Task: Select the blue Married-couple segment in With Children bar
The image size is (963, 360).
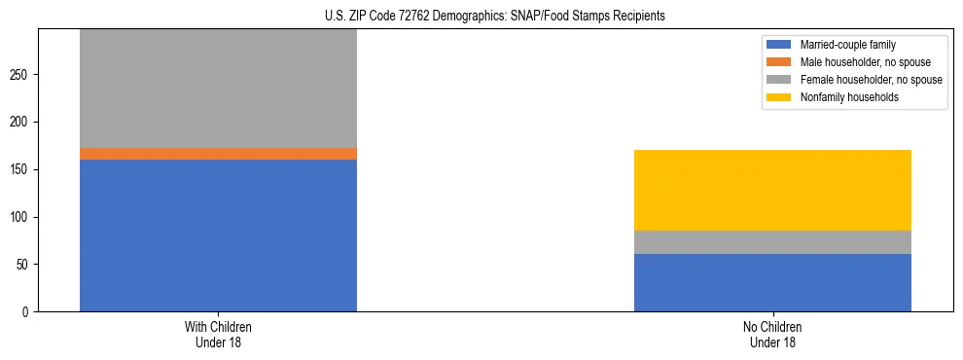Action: click(218, 235)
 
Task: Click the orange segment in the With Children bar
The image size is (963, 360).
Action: click(218, 154)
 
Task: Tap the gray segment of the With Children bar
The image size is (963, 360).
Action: click(218, 89)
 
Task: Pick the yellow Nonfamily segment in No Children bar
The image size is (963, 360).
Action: click(772, 190)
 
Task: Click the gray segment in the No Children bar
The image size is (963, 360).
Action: click(772, 242)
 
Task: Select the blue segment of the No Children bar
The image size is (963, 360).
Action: click(772, 282)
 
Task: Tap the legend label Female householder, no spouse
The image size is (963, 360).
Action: click(871, 80)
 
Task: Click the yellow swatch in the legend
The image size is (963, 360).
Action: click(779, 97)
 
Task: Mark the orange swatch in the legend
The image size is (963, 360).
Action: click(779, 62)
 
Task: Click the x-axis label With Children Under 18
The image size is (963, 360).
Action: click(218, 334)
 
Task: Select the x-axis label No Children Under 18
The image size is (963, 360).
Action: click(772, 334)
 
